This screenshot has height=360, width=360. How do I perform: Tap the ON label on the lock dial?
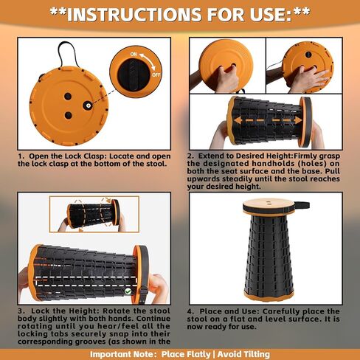(x=134, y=54)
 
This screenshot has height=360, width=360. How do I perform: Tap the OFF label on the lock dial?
(x=156, y=75)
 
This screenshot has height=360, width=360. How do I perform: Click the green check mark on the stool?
(x=128, y=291)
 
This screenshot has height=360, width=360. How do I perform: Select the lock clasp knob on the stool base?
(x=87, y=105)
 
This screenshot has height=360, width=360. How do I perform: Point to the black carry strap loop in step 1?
(x=69, y=53)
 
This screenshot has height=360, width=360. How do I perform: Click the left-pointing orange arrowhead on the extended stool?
(x=237, y=120)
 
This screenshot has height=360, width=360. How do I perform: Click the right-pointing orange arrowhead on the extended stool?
(x=298, y=120)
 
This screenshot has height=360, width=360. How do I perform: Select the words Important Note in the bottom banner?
(x=122, y=354)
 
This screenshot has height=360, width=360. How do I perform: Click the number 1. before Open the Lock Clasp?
(x=21, y=156)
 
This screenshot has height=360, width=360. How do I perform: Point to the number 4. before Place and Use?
(x=191, y=311)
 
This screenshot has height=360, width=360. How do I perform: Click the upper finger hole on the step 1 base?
(x=68, y=96)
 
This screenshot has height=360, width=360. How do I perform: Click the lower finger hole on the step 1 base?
(x=68, y=115)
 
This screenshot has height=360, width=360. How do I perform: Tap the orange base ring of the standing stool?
(x=269, y=295)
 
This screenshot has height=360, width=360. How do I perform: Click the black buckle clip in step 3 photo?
(x=143, y=292)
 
